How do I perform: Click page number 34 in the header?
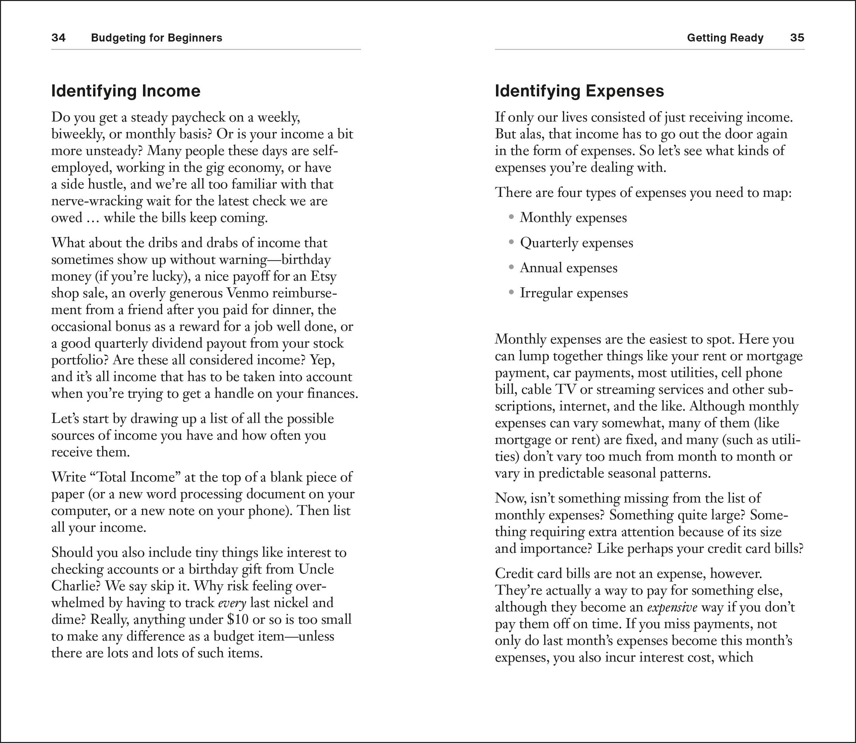59,38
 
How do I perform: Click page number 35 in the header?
797,38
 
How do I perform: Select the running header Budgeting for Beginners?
156,38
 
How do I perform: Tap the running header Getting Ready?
725,38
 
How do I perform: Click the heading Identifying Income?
126,91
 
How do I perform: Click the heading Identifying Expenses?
579,91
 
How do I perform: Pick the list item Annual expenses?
568,268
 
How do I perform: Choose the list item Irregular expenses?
574,293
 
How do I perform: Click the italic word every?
232,603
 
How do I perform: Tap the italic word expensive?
672,607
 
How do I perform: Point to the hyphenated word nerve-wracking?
97,201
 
